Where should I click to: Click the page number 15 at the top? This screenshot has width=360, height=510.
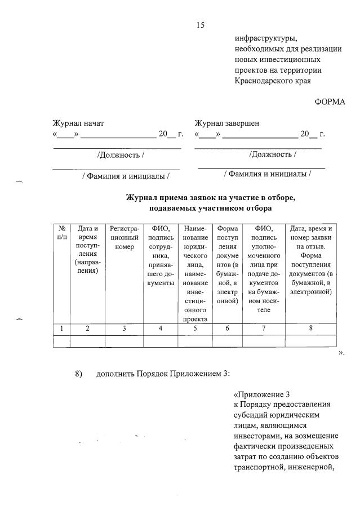coord(200,25)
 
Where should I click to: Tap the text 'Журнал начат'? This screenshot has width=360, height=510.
coord(78,123)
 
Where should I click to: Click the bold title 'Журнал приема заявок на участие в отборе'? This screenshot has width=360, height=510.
coord(210,198)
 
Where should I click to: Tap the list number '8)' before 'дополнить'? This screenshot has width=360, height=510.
coord(79,373)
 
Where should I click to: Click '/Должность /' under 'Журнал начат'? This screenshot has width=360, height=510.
coord(120,155)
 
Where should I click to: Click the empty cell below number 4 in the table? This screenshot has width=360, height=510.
coord(160,340)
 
